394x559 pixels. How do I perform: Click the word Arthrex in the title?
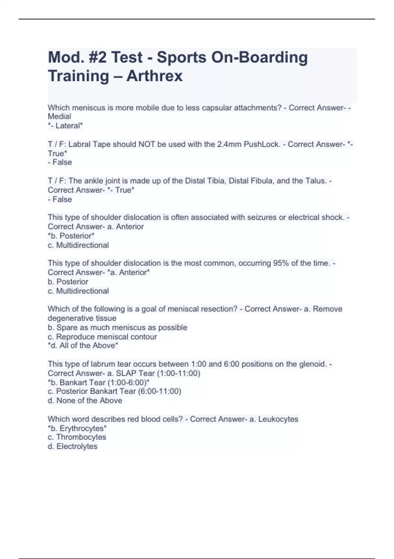(x=154, y=76)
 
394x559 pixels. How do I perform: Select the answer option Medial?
(x=59, y=116)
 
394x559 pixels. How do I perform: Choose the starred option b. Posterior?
(x=71, y=236)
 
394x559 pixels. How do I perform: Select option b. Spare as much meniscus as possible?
(x=117, y=328)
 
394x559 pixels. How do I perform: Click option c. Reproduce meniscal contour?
(x=102, y=337)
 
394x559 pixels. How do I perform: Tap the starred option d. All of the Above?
(x=83, y=346)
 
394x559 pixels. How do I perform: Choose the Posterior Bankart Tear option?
(x=114, y=391)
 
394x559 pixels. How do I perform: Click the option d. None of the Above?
(x=85, y=401)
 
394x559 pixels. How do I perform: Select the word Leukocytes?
(x=278, y=419)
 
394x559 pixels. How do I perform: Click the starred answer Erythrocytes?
(x=77, y=428)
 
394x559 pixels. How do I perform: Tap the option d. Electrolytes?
(x=72, y=447)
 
